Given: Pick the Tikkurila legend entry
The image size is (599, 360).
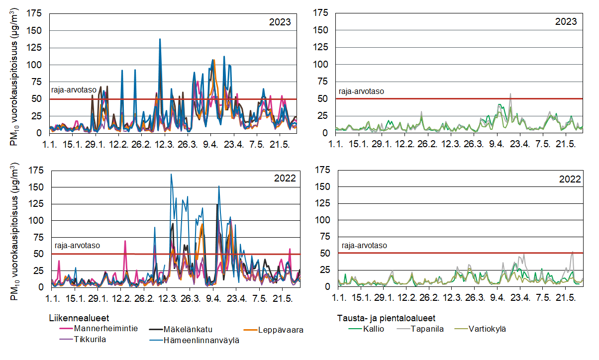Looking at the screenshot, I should [90, 340].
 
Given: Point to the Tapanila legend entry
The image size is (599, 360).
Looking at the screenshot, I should [427, 329].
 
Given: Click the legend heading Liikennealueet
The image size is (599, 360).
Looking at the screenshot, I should [79, 317].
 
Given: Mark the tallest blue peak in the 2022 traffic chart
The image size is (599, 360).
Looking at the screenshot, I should [171, 175].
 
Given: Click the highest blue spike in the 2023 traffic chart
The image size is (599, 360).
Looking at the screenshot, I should [160, 39].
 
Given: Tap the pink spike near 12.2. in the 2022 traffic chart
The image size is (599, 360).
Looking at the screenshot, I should [125, 241].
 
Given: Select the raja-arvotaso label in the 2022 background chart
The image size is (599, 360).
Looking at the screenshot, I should [363, 245].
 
